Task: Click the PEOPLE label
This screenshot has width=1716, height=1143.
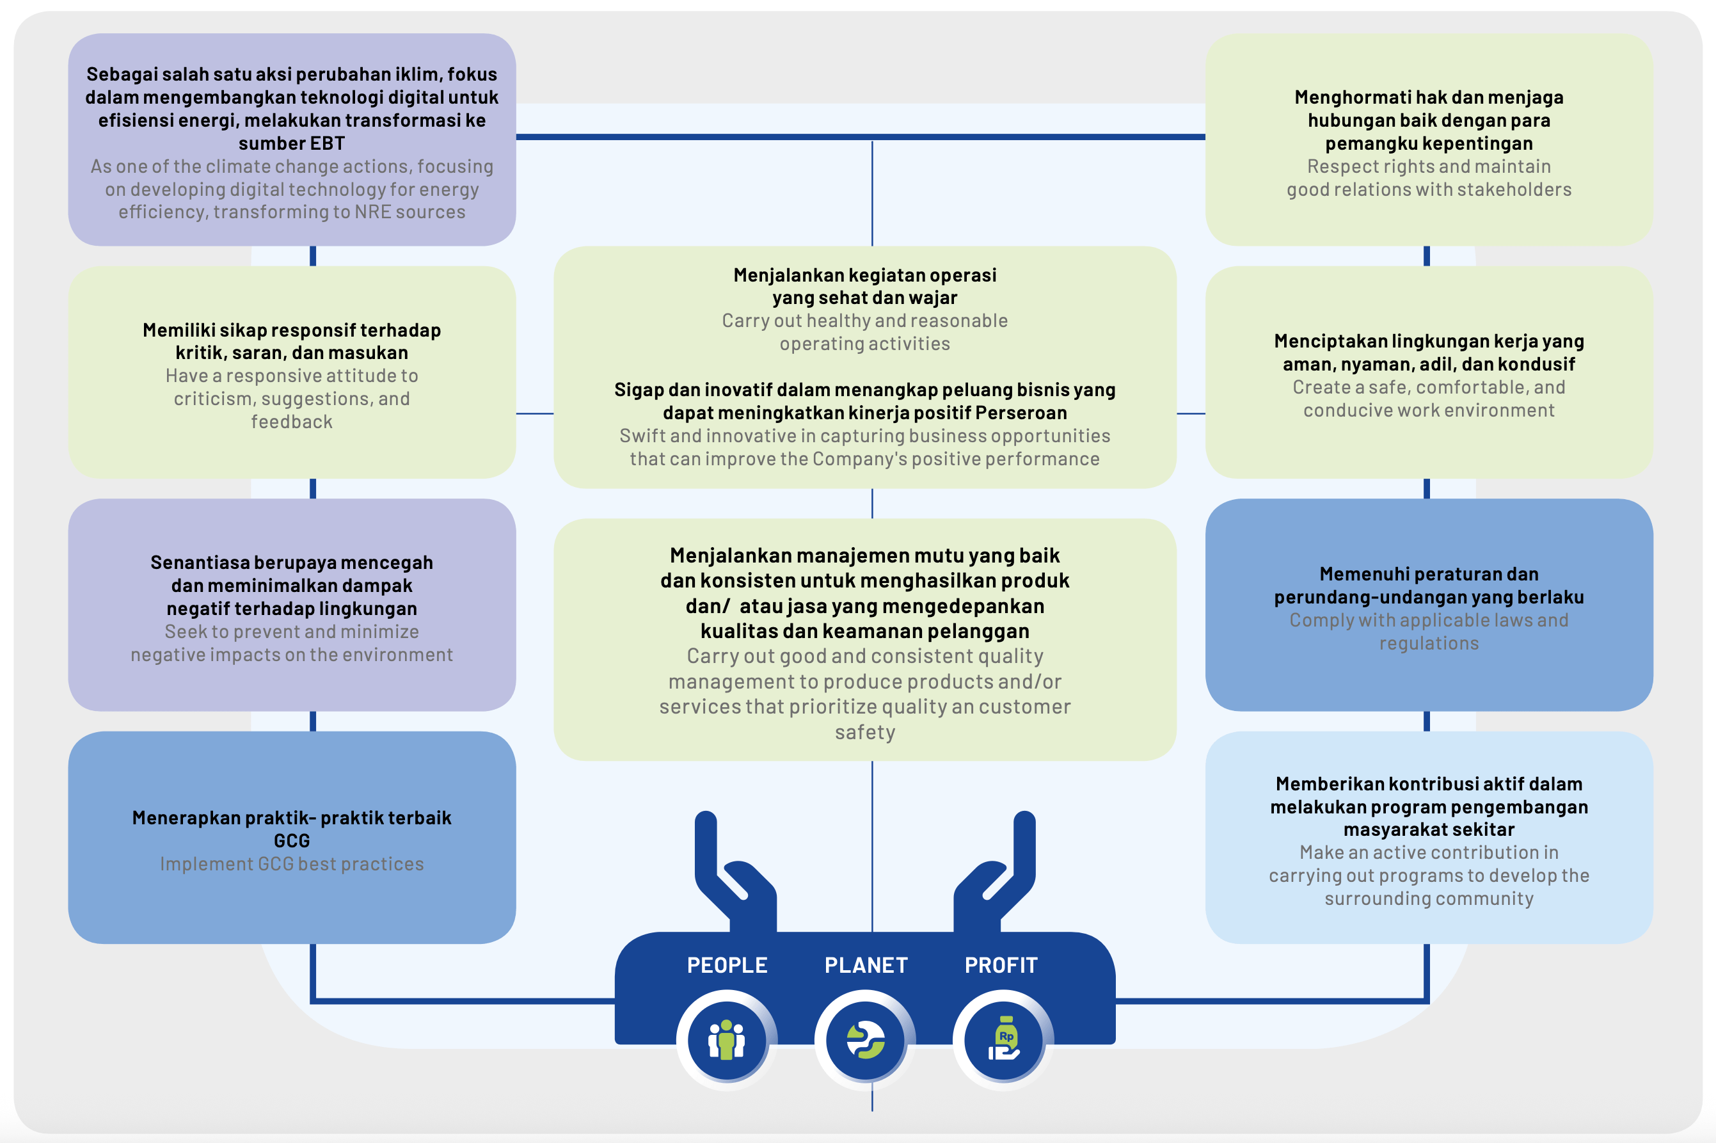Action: [x=726, y=965]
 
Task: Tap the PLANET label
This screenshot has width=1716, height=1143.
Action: [x=866, y=965]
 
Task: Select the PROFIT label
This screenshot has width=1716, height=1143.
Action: [x=1001, y=965]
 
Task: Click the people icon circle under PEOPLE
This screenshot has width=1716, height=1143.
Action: [x=726, y=1039]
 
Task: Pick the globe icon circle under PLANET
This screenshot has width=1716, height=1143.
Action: [x=865, y=1039]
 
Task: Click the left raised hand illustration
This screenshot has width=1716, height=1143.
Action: [x=735, y=871]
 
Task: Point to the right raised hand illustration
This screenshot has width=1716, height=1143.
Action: [x=995, y=871]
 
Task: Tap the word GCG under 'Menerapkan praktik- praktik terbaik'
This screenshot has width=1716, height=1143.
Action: [x=292, y=841]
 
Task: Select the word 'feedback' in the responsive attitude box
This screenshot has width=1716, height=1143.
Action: [x=292, y=422]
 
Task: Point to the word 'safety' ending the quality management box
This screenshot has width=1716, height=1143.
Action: [x=865, y=733]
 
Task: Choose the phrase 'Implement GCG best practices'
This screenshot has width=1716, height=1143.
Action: [x=292, y=865]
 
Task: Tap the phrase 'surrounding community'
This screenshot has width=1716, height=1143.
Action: [x=1429, y=899]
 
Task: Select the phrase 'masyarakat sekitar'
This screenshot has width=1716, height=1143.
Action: [x=1429, y=829]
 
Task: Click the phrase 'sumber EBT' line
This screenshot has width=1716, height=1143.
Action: [x=292, y=143]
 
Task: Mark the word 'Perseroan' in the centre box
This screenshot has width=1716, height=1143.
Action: [x=1021, y=413]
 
